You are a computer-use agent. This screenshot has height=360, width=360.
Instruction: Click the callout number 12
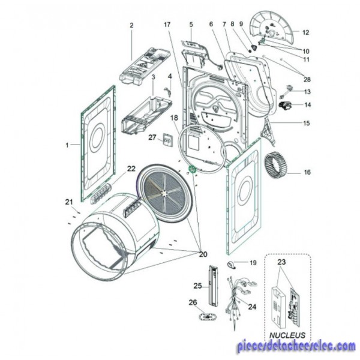[305, 32]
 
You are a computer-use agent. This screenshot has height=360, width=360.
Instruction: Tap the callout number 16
[307, 172]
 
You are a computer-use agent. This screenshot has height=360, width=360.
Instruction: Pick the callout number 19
[253, 263]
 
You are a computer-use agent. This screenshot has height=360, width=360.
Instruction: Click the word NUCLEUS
[287, 335]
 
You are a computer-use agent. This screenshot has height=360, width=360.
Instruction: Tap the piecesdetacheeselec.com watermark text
[296, 347]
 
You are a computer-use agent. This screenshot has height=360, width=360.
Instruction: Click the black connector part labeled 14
[286, 107]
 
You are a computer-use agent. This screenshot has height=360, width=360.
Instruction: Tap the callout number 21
[68, 202]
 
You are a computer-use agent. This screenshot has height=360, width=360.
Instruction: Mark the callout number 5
[191, 25]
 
